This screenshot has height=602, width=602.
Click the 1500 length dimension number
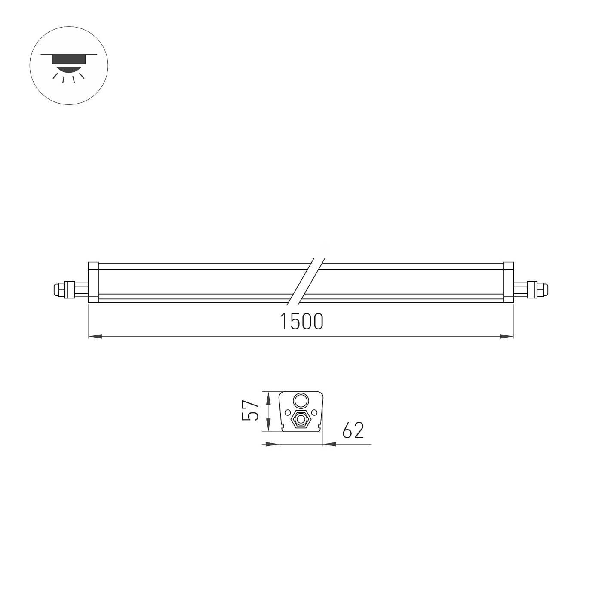[x=301, y=321]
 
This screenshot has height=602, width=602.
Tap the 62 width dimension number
[x=353, y=430]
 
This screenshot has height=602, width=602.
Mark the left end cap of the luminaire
[x=93, y=283]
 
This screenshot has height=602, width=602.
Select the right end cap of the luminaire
[x=509, y=283]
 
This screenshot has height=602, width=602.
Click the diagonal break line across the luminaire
[x=307, y=282]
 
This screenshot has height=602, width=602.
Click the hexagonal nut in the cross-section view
[x=300, y=419]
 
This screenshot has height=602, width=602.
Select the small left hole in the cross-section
[x=286, y=412]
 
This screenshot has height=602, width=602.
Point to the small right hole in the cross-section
[x=314, y=412]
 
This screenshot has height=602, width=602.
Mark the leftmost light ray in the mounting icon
[x=55, y=76]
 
